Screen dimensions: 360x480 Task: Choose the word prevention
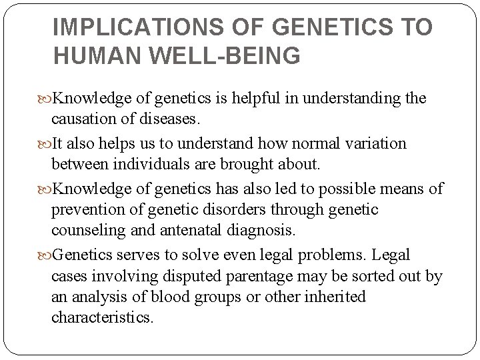pos(88,209)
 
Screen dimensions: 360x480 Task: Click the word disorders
pos(239,209)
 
